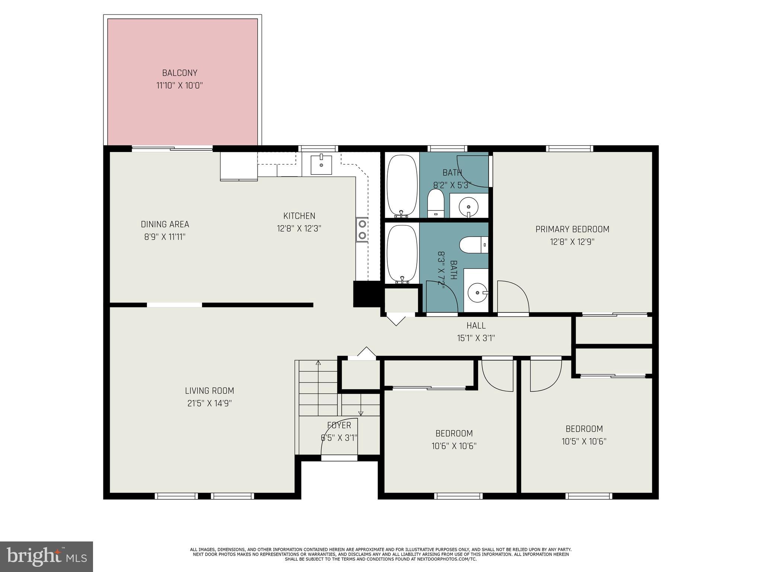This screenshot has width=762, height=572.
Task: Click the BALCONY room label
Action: tap(179, 73)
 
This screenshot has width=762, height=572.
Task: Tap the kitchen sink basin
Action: tap(321, 164)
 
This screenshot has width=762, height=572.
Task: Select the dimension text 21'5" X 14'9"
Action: tap(209, 403)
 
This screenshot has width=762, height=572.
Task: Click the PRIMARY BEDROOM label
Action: tap(572, 229)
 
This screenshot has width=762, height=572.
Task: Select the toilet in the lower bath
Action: tap(473, 245)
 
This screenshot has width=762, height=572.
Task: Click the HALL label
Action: tap(476, 325)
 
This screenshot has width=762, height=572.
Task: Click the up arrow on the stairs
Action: tap(318, 363)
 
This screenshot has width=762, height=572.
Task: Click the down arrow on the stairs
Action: tap(361, 413)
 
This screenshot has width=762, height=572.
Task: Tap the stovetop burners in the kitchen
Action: tap(362, 230)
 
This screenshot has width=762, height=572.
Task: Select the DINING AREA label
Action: tap(165, 224)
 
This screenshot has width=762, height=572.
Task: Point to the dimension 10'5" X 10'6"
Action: tap(584, 441)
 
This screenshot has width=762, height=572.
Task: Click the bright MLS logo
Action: tap(47, 556)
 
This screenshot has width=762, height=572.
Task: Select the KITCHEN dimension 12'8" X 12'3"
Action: tap(299, 228)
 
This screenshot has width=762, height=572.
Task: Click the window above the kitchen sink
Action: tap(319, 148)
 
